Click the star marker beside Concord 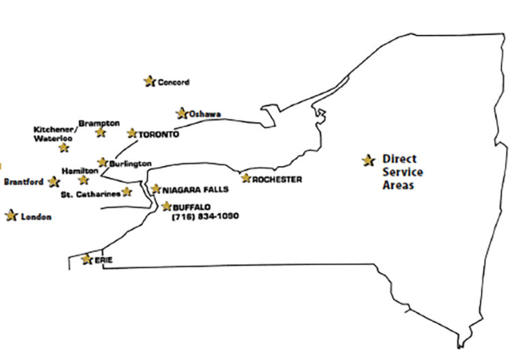click(149, 81)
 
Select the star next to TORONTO click(132, 133)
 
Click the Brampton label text click(99, 123)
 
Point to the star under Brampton click(101, 133)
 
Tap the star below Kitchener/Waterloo click(64, 148)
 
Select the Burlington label click(130, 164)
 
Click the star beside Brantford click(54, 182)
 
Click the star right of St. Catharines click(126, 192)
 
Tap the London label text click(36, 217)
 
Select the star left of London click(11, 216)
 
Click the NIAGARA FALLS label click(195, 190)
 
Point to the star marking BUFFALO click(167, 206)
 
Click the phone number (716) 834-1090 click(206, 216)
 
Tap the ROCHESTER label click(277, 180)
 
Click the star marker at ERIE click(86, 260)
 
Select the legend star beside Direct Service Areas click(369, 161)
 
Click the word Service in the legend click(402, 172)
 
